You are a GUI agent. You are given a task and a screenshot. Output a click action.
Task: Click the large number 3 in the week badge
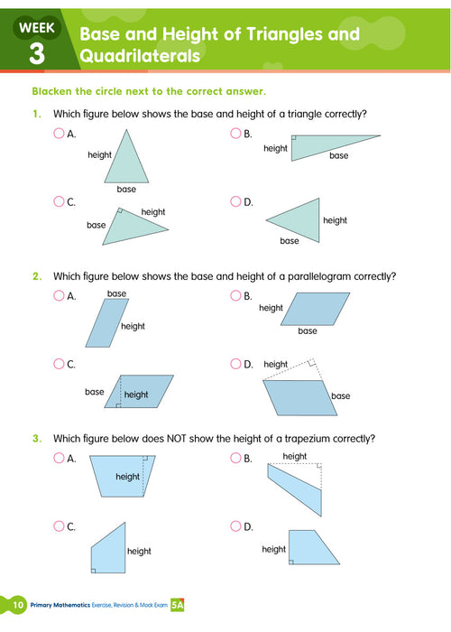[x=36, y=53]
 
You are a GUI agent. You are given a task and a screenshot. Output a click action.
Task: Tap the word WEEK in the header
[x=36, y=28]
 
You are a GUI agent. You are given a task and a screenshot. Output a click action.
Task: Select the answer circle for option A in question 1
[x=59, y=134]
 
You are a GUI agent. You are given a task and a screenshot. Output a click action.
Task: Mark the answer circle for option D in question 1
[x=235, y=201]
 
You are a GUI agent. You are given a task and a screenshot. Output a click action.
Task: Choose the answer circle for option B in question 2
[x=235, y=295]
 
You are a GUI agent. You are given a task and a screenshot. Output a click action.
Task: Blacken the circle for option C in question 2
[x=59, y=364]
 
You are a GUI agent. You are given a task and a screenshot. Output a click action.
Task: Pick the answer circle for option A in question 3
[x=59, y=459]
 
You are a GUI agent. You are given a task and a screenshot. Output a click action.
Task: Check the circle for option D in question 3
[x=235, y=526]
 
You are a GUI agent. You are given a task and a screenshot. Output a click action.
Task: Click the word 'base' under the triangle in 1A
[x=126, y=190]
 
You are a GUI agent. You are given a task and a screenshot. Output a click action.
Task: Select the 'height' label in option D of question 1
[x=335, y=220]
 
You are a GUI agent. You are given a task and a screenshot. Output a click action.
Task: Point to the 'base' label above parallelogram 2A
[x=116, y=293]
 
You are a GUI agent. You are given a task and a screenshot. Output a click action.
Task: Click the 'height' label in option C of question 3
[x=139, y=551]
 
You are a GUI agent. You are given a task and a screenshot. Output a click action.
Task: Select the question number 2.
[x=37, y=275]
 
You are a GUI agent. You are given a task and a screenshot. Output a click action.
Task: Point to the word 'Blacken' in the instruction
[x=53, y=92]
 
